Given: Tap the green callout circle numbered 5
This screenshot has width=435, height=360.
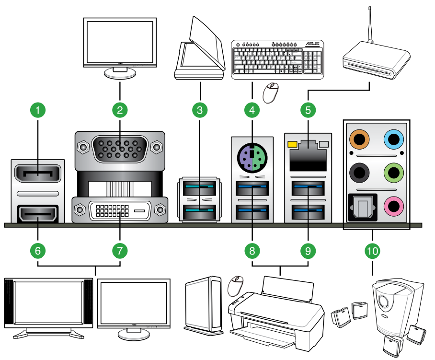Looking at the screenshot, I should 309,110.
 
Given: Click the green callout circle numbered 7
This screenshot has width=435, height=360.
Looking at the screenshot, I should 120,250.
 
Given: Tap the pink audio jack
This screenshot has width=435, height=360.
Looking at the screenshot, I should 393,206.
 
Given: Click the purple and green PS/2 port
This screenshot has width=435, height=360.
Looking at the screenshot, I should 252,156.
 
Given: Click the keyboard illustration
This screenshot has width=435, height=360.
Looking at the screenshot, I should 277,59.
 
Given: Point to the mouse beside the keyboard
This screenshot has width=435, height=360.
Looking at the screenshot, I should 272,93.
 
